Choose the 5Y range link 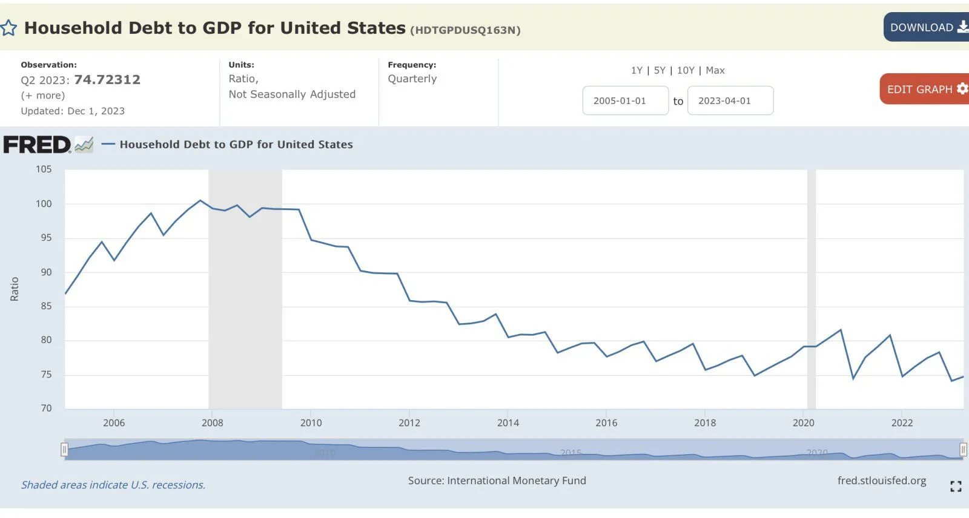pyautogui.click(x=660, y=70)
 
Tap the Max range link pyautogui.click(x=715, y=70)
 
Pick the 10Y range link pyautogui.click(x=686, y=70)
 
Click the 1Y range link pyautogui.click(x=637, y=70)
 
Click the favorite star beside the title pyautogui.click(x=8, y=28)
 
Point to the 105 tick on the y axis pyautogui.click(x=44, y=169)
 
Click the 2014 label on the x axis pyautogui.click(x=508, y=423)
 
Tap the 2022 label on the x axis pyautogui.click(x=902, y=423)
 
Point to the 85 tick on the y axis pyautogui.click(x=46, y=306)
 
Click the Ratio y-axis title pyautogui.click(x=15, y=289)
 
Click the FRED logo pyautogui.click(x=38, y=145)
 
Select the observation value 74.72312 pyautogui.click(x=107, y=80)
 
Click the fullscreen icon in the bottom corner pyautogui.click(x=956, y=486)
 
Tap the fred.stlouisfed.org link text pyautogui.click(x=881, y=480)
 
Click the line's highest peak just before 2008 pyautogui.click(x=200, y=200)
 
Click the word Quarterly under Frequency pyautogui.click(x=412, y=79)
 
